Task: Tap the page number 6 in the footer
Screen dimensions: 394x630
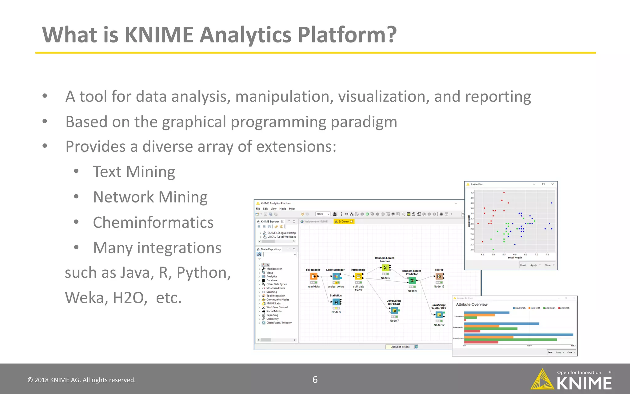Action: click(x=315, y=380)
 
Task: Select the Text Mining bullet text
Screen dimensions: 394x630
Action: click(x=134, y=172)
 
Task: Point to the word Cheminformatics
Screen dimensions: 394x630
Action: click(x=153, y=223)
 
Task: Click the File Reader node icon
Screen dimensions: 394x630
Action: click(x=313, y=276)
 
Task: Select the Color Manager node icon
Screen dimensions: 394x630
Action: click(x=336, y=276)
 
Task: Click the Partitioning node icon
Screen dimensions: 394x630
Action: click(x=358, y=276)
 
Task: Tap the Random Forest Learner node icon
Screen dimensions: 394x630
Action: click(x=385, y=268)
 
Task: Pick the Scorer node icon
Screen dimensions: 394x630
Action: click(x=439, y=276)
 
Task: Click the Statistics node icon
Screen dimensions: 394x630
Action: click(x=336, y=302)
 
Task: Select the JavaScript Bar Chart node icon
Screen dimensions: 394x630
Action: click(x=394, y=311)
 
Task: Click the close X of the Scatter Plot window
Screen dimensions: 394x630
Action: click(x=552, y=184)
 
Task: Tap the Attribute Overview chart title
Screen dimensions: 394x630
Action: click(x=472, y=304)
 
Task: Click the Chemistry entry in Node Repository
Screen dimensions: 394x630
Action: click(x=272, y=319)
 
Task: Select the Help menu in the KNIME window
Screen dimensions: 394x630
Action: click(x=292, y=209)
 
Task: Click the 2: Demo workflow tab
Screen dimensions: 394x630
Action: click(x=344, y=222)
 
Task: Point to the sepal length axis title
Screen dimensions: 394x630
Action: click(x=515, y=258)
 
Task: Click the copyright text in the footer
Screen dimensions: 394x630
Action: click(x=82, y=380)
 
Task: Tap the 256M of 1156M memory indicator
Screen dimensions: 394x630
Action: click(x=400, y=347)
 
